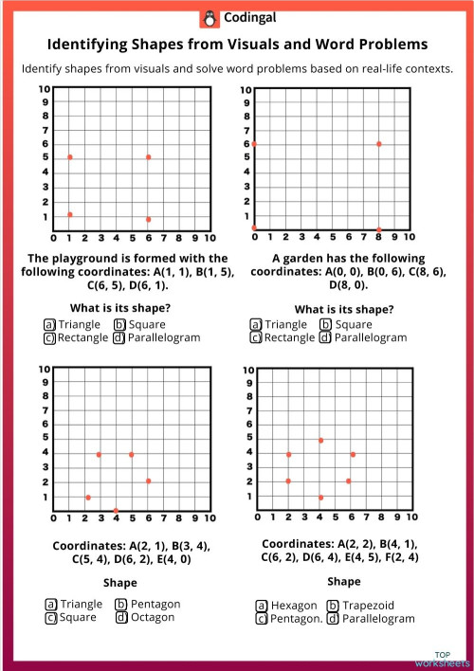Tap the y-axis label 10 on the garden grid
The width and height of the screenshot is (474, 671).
(x=246, y=90)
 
